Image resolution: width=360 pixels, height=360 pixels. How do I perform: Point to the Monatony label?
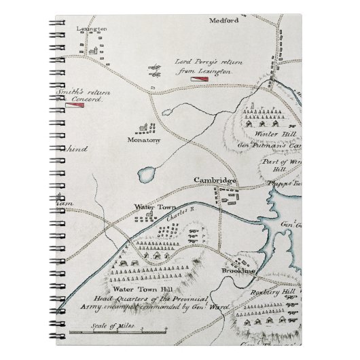143,139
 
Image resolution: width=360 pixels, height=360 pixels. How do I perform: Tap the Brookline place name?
238,271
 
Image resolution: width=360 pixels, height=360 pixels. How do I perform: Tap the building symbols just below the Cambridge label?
226,196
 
